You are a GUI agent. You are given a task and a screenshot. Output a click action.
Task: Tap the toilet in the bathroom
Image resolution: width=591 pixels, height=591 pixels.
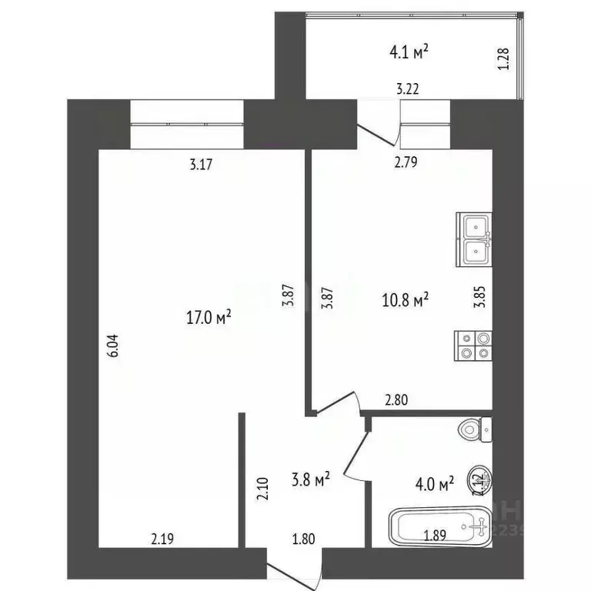pos(475,429)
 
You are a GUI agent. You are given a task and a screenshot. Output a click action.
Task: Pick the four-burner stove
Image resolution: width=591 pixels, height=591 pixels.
pos(473,345)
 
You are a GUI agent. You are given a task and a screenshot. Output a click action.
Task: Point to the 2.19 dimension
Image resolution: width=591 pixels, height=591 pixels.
pos(161,539)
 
